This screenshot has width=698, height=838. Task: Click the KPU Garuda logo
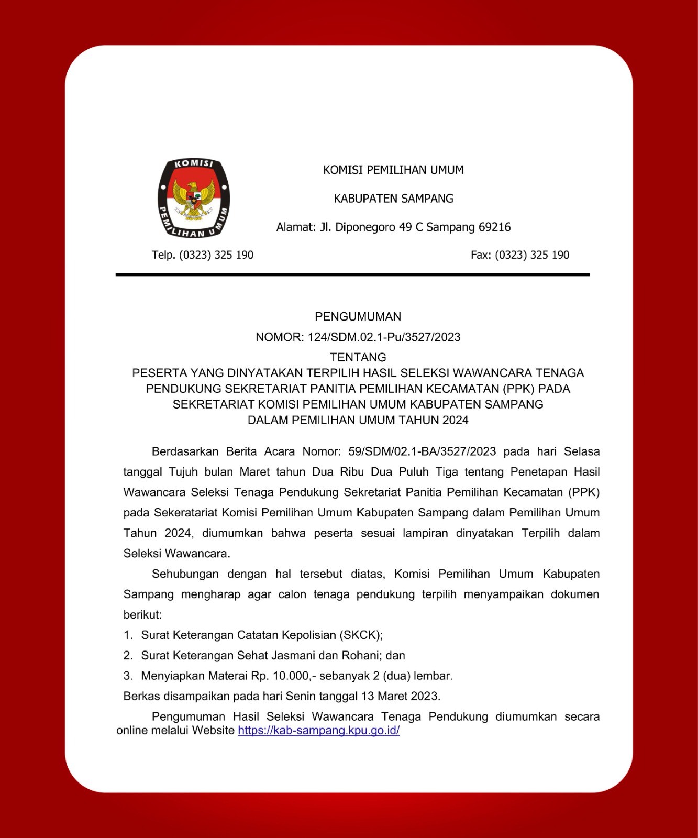194,199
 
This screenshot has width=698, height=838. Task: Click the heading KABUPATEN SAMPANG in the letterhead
393,199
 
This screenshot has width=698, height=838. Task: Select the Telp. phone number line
203,255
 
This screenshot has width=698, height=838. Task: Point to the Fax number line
519,255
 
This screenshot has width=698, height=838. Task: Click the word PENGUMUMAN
358,316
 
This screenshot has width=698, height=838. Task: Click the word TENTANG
358,357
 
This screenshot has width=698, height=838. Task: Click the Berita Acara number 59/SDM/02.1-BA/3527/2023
422,451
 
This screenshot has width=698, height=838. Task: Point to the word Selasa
581,451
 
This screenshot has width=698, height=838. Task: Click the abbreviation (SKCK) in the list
361,635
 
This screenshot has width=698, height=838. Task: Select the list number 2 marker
128,656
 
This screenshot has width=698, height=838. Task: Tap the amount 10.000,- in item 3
294,676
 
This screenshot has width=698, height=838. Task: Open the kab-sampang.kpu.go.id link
318,731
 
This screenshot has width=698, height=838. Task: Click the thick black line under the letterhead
352,274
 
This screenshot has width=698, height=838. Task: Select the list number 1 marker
128,635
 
